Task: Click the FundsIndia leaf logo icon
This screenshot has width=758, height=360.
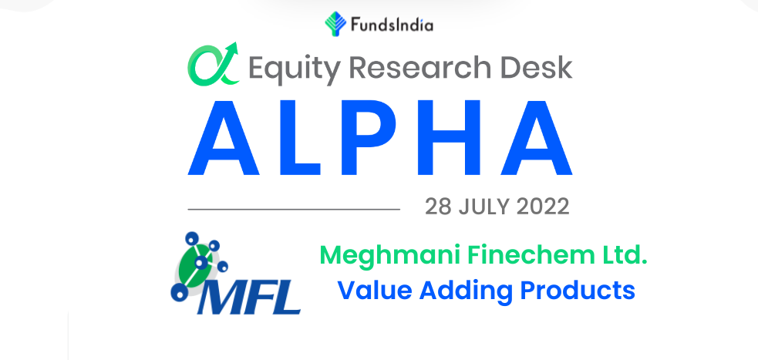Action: coord(335,24)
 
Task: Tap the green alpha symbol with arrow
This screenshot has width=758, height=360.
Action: coord(214,64)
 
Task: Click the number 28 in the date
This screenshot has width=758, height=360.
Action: coord(439,207)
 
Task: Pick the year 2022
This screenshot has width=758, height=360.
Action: coord(543,207)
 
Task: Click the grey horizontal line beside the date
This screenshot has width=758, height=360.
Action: coord(294,209)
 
